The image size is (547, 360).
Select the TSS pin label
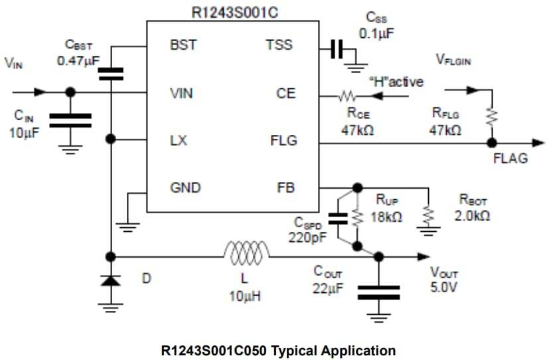279,46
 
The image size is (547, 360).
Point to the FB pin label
286,188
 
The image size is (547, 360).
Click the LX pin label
178,141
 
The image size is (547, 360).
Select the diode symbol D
111,280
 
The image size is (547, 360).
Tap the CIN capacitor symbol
70,120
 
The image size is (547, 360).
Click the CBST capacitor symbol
111,72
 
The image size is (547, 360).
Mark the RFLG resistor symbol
491,117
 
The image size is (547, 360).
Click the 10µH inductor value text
245,297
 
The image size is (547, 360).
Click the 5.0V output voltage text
444,288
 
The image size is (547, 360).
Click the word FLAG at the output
510,159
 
